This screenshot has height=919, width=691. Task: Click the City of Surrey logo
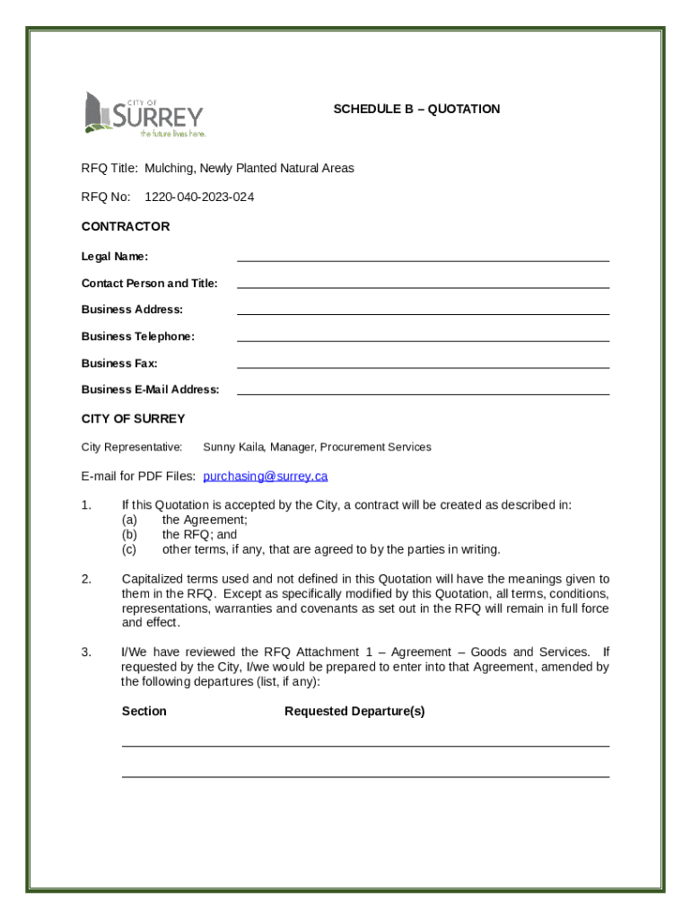144,114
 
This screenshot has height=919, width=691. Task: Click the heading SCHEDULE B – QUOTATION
416,109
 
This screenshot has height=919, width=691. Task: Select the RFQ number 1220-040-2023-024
199,197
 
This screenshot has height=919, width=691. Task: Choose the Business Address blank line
423,311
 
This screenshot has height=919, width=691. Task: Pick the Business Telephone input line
423,337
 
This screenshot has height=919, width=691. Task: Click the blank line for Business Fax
423,364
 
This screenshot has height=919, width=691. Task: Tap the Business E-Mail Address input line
423,390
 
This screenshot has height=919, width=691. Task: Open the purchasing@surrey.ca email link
266,476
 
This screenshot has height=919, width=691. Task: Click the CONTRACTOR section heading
126,226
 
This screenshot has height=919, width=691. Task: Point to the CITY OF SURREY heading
133,418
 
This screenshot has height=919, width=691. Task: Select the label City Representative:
132,447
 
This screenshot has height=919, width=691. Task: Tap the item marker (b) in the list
129,534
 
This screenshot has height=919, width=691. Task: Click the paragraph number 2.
86,579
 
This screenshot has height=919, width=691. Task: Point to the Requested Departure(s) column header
354,712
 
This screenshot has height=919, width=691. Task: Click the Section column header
144,712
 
